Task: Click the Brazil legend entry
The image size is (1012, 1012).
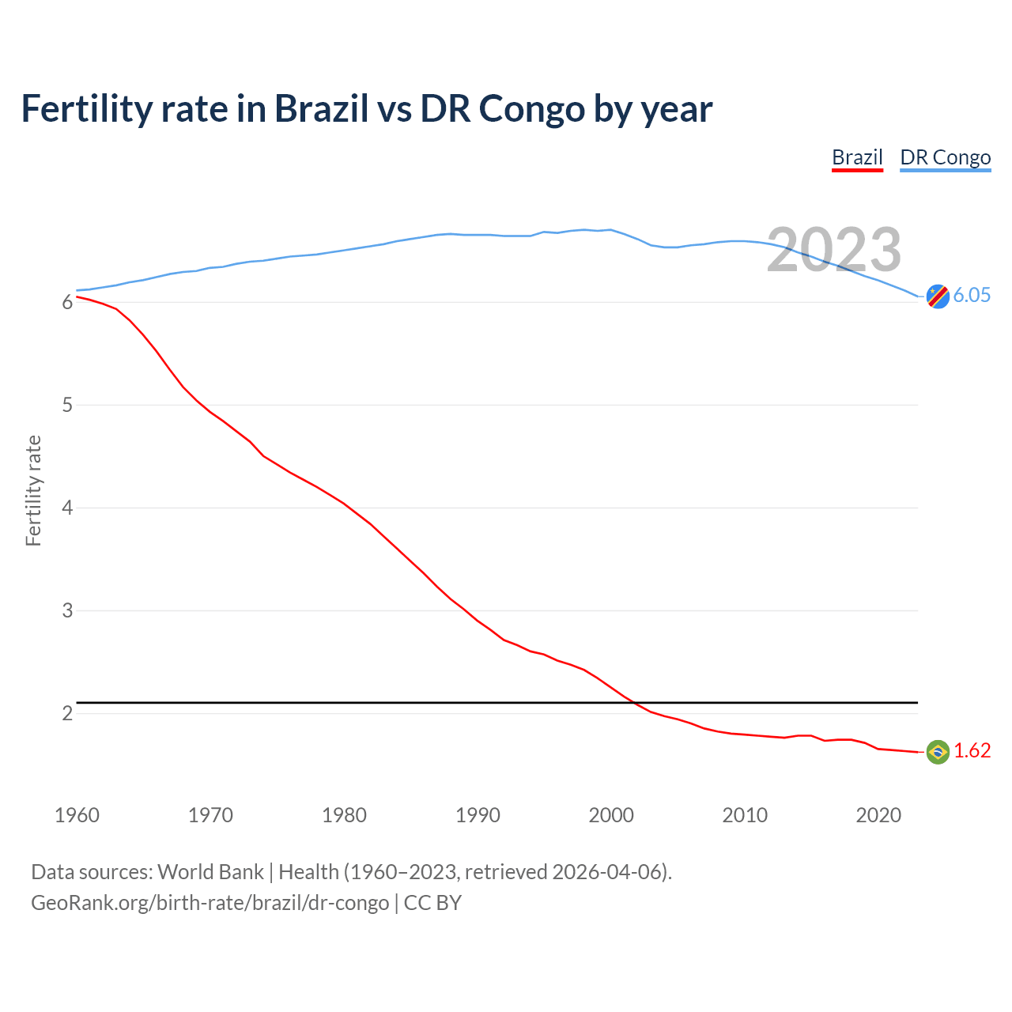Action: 857,157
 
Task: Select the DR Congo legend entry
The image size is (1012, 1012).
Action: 945,157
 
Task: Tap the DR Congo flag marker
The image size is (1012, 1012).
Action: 938,296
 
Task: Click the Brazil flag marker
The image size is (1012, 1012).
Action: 938,751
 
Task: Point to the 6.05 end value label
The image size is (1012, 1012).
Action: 972,296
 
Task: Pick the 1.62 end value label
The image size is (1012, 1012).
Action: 972,751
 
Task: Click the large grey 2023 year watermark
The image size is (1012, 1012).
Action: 834,250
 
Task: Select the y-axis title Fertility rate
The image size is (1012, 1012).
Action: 33,490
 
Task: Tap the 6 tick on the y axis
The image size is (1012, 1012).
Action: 67,303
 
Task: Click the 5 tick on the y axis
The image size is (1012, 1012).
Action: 67,406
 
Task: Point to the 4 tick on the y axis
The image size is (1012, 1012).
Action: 67,508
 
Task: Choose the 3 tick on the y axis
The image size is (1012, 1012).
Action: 67,611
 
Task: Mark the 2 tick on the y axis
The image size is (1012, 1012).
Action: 67,714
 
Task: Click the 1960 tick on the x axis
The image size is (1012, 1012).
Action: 77,815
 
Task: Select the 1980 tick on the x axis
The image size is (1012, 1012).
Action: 344,815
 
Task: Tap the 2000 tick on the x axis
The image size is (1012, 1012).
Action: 611,815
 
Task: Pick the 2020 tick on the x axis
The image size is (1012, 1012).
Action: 878,815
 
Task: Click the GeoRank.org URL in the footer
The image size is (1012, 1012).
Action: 210,903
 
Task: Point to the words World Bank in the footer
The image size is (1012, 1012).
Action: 210,872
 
